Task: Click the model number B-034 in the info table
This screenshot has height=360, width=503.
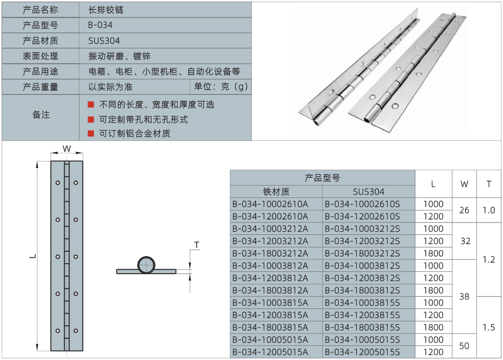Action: pyautogui.click(x=100, y=25)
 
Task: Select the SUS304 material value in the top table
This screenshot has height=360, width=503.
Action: pyautogui.click(x=104, y=41)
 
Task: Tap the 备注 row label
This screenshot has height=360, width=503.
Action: pyautogui.click(x=41, y=115)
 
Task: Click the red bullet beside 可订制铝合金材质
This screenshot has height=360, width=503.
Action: pyautogui.click(x=91, y=133)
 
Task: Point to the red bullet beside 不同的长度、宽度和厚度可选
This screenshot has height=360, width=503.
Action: pyautogui.click(x=91, y=104)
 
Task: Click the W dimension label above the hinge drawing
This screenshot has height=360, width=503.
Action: pyautogui.click(x=67, y=148)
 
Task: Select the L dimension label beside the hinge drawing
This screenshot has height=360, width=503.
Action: pyautogui.click(x=33, y=256)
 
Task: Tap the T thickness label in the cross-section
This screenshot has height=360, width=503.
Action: pyautogui.click(x=197, y=245)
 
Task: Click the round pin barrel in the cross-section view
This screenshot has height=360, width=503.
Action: pyautogui.click(x=146, y=265)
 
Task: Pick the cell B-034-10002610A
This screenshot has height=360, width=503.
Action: pyautogui.click(x=270, y=204)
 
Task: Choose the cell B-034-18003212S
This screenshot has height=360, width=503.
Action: pyautogui.click(x=362, y=253)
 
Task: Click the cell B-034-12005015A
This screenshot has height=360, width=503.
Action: pyautogui.click(x=270, y=352)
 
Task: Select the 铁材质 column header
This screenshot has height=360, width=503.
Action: pyautogui.click(x=276, y=192)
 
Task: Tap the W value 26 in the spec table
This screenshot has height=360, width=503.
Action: pyautogui.click(x=464, y=210)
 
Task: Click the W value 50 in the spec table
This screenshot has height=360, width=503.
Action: pyautogui.click(x=464, y=346)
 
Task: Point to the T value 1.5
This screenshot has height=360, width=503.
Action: pyautogui.click(x=489, y=327)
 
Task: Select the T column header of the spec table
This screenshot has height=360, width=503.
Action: pyautogui.click(x=489, y=184)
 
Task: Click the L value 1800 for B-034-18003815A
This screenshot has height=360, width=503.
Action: pyautogui.click(x=433, y=327)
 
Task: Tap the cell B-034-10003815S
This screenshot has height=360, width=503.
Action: pyautogui.click(x=362, y=302)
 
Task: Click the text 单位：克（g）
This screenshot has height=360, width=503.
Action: pyautogui.click(x=221, y=86)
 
